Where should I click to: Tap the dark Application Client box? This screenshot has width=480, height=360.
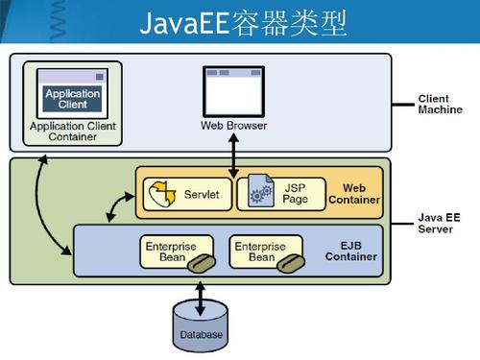pyautogui.click(x=72, y=99)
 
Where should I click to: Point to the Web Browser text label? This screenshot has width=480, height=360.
pyautogui.click(x=233, y=126)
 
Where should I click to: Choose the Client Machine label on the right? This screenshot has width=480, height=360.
pyautogui.click(x=440, y=104)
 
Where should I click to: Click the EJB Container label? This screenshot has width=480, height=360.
pyautogui.click(x=351, y=252)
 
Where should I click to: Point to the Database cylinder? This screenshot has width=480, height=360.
pyautogui.click(x=200, y=322)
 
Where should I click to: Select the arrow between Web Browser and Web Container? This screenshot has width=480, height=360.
pyautogui.click(x=233, y=151)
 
